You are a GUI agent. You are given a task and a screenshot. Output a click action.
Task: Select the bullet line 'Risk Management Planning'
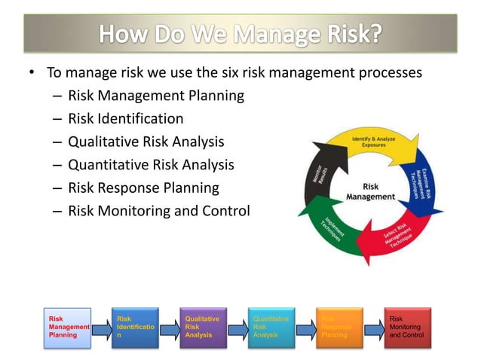156,96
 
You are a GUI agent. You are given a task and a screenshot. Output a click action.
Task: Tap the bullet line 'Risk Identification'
125,118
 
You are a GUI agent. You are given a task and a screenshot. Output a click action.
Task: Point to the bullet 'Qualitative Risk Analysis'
146,142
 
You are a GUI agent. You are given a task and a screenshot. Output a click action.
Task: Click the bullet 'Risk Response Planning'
143,188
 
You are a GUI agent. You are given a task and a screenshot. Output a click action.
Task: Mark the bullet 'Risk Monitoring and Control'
158,210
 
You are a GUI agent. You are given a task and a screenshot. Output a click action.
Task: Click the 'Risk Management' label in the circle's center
370,191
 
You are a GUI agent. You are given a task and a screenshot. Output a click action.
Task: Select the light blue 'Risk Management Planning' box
66,328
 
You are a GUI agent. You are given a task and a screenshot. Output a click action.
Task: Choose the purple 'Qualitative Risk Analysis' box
202,328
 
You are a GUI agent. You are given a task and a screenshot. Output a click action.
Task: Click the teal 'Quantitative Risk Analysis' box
271,328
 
